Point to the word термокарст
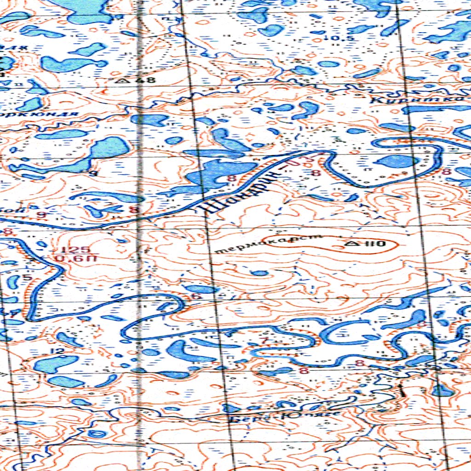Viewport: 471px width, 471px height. tap(267, 244)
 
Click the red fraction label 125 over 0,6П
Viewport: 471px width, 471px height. tap(67, 254)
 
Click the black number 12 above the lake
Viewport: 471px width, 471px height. tap(58, 351)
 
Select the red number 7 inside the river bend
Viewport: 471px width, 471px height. tap(264, 340)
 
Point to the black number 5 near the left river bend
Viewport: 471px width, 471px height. tap(26, 277)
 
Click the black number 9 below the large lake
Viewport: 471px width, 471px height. tap(95, 173)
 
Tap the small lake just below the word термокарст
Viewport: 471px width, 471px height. tap(260, 273)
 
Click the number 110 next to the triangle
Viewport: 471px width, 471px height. tap(375, 243)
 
